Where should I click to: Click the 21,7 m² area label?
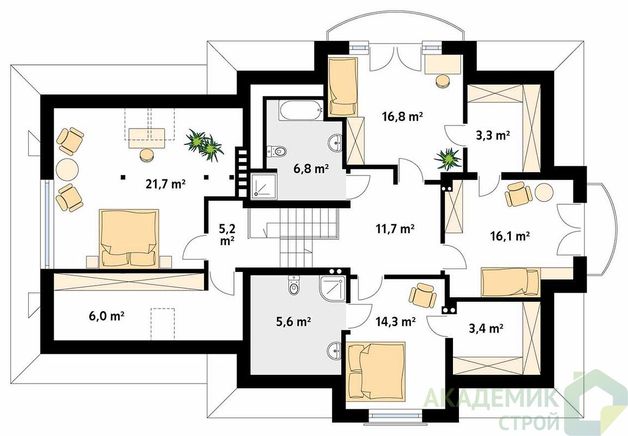coord(165,184)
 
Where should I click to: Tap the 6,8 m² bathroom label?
coord(311,169)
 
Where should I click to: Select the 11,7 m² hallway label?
coord(395,228)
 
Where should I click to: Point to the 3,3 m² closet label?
coord(493,136)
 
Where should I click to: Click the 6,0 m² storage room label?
coord(106,316)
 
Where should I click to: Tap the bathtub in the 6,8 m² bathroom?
coord(300,110)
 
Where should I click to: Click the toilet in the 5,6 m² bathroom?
coord(294,285)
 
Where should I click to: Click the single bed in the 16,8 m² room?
coord(343,87)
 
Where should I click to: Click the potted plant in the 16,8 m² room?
coord(448,159)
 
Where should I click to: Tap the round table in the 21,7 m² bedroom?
coord(67,170)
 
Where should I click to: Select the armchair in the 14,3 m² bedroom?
coord(422,295)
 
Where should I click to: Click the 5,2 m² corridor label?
coord(227,234)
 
